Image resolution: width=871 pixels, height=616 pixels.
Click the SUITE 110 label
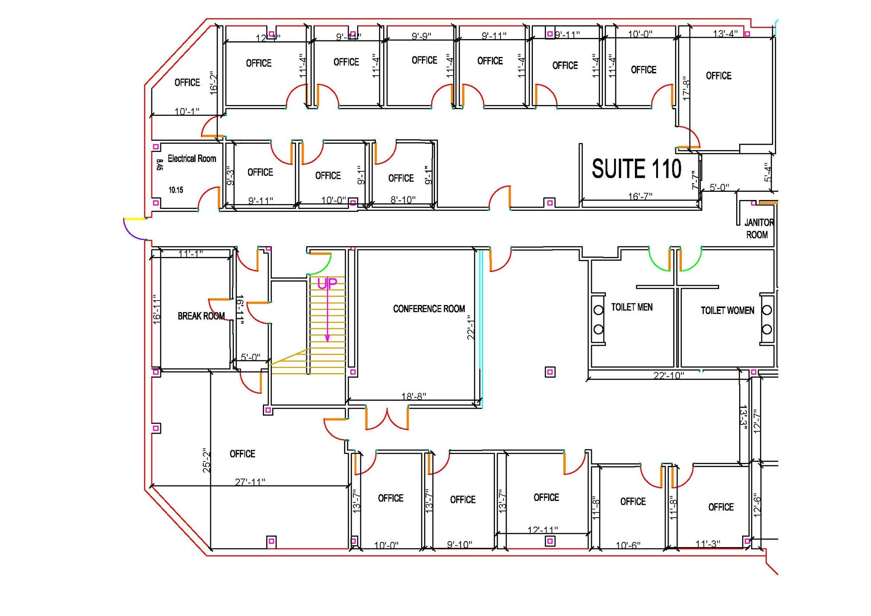[636, 169]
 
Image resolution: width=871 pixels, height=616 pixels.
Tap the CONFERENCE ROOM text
[429, 309]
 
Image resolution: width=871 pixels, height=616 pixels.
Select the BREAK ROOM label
[201, 316]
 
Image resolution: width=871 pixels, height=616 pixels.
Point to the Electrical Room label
[192, 159]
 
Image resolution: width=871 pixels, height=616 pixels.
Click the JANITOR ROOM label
[758, 228]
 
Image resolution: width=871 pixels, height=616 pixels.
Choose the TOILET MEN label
[632, 307]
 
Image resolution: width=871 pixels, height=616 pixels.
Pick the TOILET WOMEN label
[727, 311]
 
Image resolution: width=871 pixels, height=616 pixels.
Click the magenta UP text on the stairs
[327, 284]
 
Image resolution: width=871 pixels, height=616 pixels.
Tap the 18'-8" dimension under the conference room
[413, 396]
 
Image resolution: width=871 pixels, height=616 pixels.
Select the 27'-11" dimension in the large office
[250, 482]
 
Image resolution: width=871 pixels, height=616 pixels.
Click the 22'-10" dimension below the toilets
[669, 376]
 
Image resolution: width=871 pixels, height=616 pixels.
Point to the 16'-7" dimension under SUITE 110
[640, 196]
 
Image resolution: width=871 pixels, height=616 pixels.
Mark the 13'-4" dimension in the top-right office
[725, 34]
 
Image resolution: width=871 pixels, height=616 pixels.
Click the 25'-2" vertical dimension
[207, 460]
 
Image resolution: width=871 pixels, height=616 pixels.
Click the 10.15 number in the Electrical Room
[176, 190]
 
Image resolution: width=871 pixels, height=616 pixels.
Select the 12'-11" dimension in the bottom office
[543, 530]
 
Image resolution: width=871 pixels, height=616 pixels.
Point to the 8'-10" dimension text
[403, 200]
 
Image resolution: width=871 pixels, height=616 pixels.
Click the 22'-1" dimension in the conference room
[471, 327]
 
